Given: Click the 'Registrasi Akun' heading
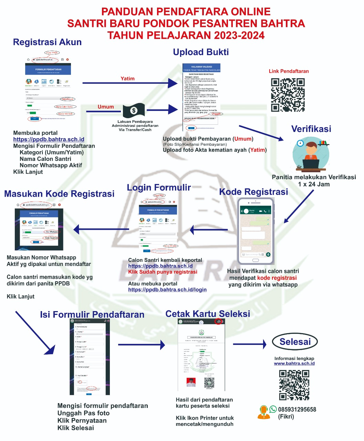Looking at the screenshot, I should point(47,42).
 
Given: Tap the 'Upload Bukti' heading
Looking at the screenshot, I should point(201,52).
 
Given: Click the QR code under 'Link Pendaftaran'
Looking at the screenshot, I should point(288,95).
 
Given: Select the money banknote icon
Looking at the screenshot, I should point(134,111).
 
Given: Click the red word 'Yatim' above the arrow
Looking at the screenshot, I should point(127,79).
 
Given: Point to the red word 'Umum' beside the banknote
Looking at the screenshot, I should point(106,107).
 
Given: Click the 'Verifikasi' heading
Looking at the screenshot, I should point(311,129).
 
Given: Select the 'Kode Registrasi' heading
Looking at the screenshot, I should point(253,192).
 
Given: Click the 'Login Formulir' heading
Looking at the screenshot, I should point(159,187).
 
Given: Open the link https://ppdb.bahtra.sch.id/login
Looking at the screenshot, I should point(167,290).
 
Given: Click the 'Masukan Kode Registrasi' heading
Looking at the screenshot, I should point(59,194).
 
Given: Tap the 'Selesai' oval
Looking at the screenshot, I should point(295,342).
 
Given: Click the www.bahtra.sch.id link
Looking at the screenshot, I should point(294,363).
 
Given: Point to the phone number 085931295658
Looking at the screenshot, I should point(297,409).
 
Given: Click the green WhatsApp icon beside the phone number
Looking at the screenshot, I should point(273,409).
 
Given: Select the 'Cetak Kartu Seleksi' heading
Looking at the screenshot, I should point(208,314).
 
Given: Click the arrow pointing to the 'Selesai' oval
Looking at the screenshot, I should point(250,344).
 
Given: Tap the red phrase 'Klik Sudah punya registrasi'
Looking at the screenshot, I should point(163,272).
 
